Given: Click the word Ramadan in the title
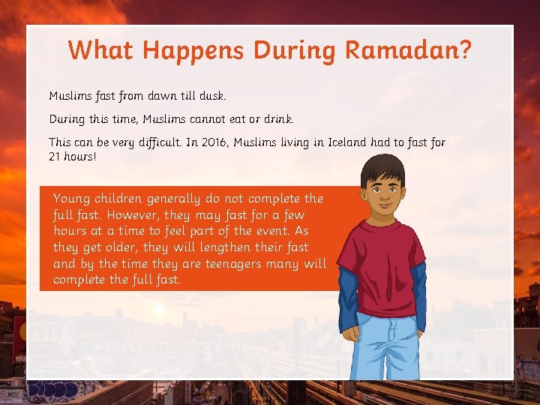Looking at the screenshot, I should (408, 50).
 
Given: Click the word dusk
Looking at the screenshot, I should (210, 96).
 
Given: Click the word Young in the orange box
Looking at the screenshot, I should (72, 199).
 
